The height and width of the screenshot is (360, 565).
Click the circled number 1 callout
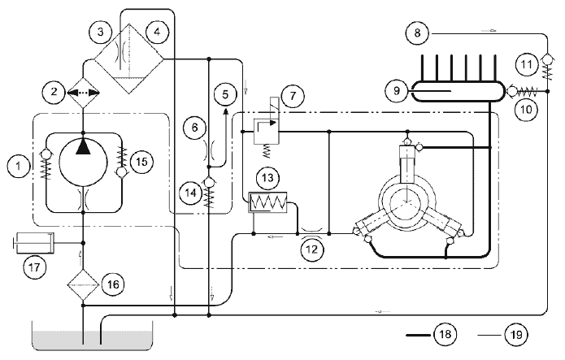click(x=18, y=166)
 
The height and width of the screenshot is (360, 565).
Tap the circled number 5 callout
click(x=225, y=95)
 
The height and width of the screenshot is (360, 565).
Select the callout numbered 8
click(x=417, y=33)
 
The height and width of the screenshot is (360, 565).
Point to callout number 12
click(x=311, y=249)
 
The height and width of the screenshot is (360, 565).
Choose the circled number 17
click(x=35, y=267)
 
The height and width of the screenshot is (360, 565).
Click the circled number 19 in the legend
click(x=516, y=335)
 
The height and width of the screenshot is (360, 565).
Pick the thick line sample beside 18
click(x=419, y=335)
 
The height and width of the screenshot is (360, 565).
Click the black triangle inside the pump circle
click(x=83, y=146)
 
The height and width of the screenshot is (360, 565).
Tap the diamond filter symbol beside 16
click(x=83, y=284)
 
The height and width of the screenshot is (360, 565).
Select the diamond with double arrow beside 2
click(x=83, y=93)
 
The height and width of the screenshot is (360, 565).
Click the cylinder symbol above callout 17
click(x=33, y=243)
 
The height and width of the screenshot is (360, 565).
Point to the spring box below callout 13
click(x=267, y=202)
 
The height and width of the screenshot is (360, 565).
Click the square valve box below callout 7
click(x=267, y=132)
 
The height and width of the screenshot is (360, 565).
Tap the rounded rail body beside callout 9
click(x=458, y=90)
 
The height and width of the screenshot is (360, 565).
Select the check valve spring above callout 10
click(x=527, y=92)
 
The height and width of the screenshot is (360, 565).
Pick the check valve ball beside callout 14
click(x=209, y=182)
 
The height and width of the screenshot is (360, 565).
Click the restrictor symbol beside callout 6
click(x=209, y=150)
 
